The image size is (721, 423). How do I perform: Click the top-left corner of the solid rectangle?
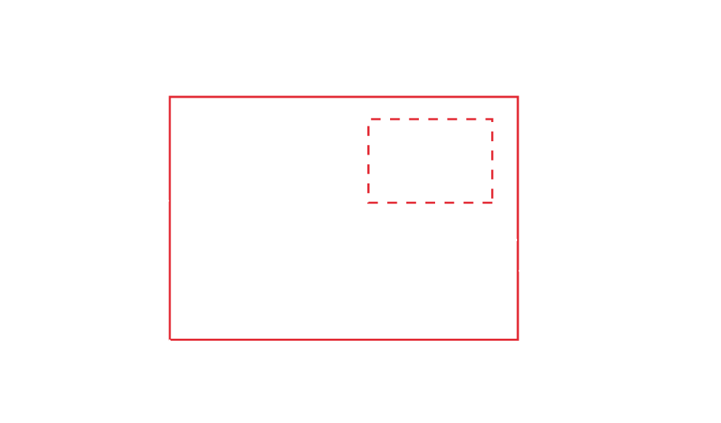pyautogui.click(x=170, y=97)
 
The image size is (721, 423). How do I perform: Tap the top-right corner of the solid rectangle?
pyautogui.click(x=517, y=97)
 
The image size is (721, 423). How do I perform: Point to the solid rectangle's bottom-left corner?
pyautogui.click(x=170, y=339)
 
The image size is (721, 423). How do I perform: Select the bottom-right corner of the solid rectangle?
pyautogui.click(x=517, y=339)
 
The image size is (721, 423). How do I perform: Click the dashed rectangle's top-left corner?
pyautogui.click(x=369, y=118)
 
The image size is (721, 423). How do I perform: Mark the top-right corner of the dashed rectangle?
pyautogui.click(x=492, y=118)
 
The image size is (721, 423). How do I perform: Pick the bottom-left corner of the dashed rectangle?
pyautogui.click(x=369, y=202)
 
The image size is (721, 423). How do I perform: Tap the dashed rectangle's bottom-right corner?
pyautogui.click(x=492, y=202)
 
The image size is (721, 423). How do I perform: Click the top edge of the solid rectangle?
pyautogui.click(x=344, y=97)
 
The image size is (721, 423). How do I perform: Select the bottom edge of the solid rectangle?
pyautogui.click(x=344, y=339)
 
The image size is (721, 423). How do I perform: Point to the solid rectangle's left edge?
pyautogui.click(x=170, y=218)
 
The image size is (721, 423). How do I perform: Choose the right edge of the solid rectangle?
pyautogui.click(x=517, y=218)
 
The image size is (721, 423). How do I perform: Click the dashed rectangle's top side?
pyautogui.click(x=431, y=118)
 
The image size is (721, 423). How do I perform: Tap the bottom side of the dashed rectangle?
pyautogui.click(x=431, y=202)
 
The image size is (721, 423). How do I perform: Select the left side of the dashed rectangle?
pyautogui.click(x=369, y=160)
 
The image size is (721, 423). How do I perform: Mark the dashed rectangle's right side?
pyautogui.click(x=492, y=160)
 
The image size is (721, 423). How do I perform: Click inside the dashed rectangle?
pyautogui.click(x=431, y=160)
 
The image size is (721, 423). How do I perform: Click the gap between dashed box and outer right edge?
pyautogui.click(x=505, y=160)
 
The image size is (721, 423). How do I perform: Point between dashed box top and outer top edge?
pyautogui.click(x=431, y=108)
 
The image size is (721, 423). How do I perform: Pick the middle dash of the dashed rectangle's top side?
pyautogui.click(x=431, y=118)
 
